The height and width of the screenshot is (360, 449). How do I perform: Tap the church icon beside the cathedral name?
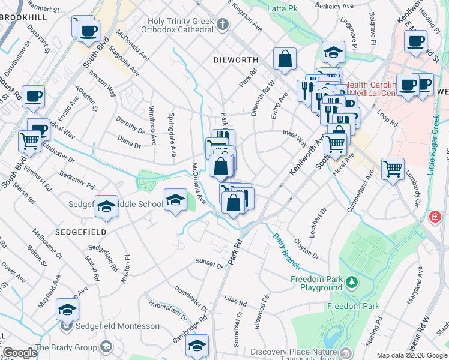(223, 25)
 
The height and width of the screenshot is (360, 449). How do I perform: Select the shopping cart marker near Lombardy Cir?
(393, 170)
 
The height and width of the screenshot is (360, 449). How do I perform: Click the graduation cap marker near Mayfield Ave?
(68, 310)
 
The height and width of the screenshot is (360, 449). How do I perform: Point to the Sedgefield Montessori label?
(118, 326)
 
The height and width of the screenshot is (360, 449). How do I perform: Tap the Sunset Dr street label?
(209, 262)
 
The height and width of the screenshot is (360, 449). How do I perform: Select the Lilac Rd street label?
(235, 298)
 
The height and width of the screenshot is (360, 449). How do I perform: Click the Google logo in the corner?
(20, 353)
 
